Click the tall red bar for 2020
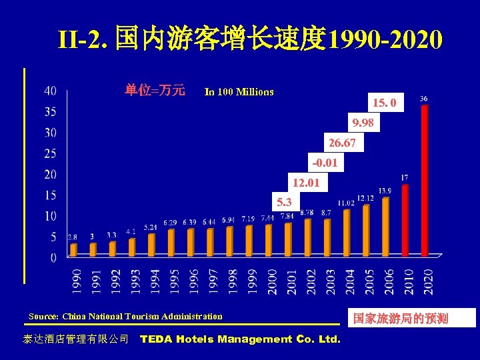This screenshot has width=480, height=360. [x=425, y=180]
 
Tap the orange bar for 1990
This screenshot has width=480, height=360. [x=73, y=249]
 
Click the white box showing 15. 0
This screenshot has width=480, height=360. [x=385, y=103]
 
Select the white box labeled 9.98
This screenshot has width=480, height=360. [x=363, y=123]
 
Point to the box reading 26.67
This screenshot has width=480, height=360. [x=342, y=143]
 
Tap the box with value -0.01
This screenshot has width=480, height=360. [x=325, y=163]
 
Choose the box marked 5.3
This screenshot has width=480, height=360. [x=285, y=201]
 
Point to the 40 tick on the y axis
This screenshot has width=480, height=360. [x=51, y=91]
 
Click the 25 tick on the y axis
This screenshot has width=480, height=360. [x=51, y=154]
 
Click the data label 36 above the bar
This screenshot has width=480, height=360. [x=424, y=99]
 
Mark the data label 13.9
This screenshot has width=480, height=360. [x=385, y=191]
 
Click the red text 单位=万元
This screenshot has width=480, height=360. [x=155, y=91]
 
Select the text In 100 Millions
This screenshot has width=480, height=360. [x=239, y=91]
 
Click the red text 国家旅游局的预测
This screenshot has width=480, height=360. [x=401, y=319]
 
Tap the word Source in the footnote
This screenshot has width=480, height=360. [x=43, y=316]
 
